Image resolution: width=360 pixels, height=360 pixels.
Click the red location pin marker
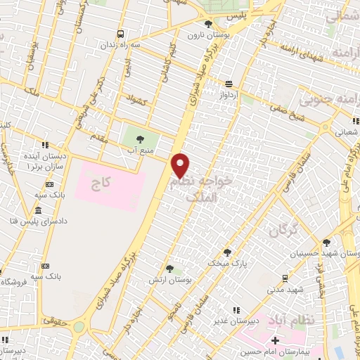click(181, 165)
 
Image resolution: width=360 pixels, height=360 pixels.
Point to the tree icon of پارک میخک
click(227, 251)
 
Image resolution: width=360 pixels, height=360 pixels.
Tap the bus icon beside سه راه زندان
click(121, 33)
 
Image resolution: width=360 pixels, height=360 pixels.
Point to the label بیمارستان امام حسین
click(285, 351)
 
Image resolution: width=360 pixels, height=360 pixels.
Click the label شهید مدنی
click(285, 288)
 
